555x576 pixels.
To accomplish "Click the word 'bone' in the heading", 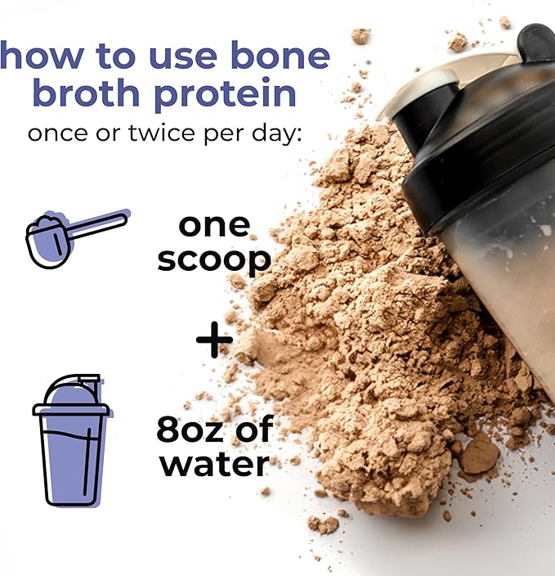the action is (x=281, y=55).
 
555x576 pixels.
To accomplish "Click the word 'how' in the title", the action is (x=43, y=55).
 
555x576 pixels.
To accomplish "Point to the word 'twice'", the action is (x=162, y=133).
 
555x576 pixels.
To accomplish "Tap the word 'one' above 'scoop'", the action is (x=214, y=226).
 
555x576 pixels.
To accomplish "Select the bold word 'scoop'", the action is (x=214, y=260).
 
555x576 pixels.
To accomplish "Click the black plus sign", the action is (x=214, y=340).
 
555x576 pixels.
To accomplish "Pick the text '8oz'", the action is (x=192, y=429).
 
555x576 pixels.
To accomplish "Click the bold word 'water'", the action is (x=215, y=465).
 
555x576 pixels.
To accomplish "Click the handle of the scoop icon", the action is (x=98, y=225).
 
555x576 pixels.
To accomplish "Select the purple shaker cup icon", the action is (x=71, y=440).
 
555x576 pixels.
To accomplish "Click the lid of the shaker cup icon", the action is (x=71, y=395).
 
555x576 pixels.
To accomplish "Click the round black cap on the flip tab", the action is (x=536, y=43).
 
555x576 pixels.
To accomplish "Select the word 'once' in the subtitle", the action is (x=58, y=133).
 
